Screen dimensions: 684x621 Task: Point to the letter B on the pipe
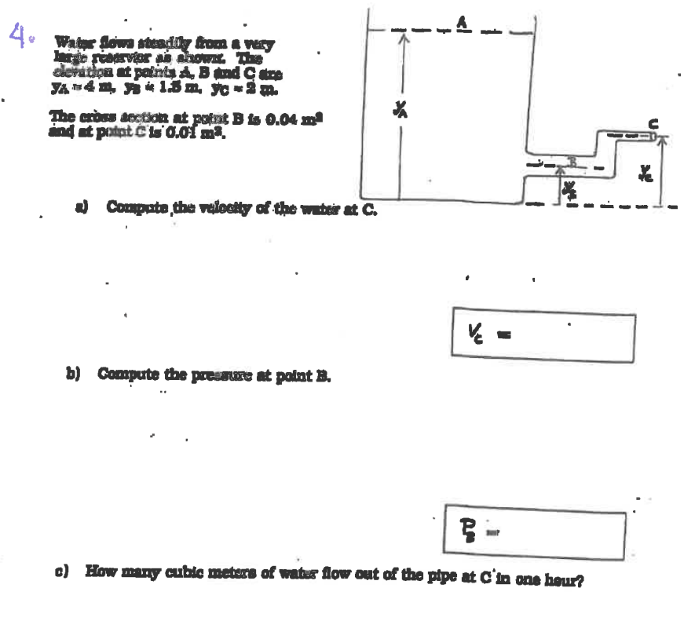point(572,162)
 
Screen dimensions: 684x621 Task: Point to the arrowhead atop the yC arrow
point(660,141)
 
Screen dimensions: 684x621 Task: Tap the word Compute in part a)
point(132,207)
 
